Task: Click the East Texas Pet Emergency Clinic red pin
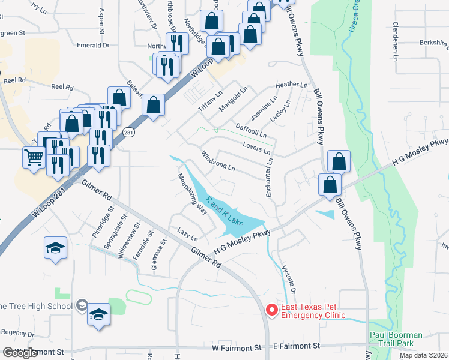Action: tap(271, 310)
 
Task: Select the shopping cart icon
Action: tap(34, 158)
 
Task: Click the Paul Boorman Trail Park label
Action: tap(396, 339)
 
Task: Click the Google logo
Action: tap(20, 353)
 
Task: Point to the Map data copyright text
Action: tap(423, 355)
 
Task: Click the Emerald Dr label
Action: tap(93, 45)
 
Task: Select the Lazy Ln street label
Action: tap(187, 231)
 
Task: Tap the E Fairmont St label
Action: tap(297, 346)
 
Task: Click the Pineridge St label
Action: tap(102, 221)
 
